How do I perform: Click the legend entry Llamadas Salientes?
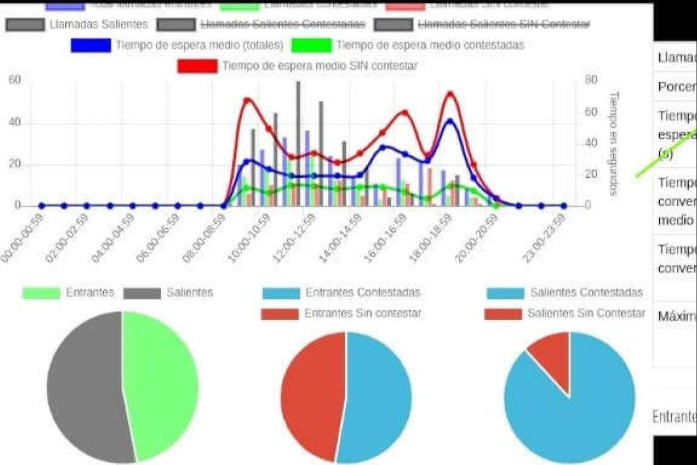(98, 24)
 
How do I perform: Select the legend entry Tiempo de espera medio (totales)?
(199, 45)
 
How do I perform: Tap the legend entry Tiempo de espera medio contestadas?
(430, 45)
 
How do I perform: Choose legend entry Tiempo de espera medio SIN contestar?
(320, 66)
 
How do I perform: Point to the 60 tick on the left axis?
(14, 80)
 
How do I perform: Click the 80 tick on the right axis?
(591, 80)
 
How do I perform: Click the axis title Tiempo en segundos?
(614, 143)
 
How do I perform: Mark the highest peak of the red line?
(450, 94)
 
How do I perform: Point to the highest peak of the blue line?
(450, 121)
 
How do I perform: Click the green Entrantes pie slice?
(162, 385)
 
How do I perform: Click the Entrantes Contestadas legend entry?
(362, 293)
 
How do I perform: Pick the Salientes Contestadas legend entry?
(586, 293)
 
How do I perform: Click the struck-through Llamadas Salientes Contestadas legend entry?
(283, 24)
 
